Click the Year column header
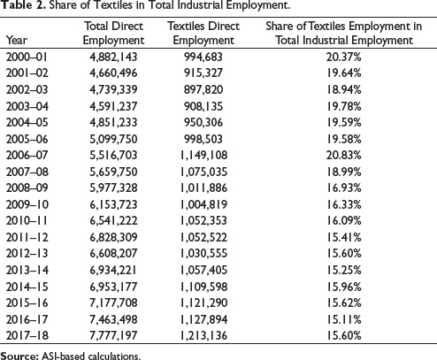pyautogui.click(x=17, y=41)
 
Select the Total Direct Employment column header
pyautogui.click(x=113, y=33)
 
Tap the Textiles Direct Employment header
pyautogui.click(x=203, y=33)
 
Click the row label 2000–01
pyautogui.click(x=27, y=57)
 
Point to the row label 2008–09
pyautogui.click(x=27, y=188)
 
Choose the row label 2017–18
pyautogui.click(x=27, y=335)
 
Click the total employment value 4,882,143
pyautogui.click(x=113, y=57)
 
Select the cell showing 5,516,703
pyautogui.click(x=113, y=155)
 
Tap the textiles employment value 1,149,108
pyautogui.click(x=203, y=155)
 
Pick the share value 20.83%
pyautogui.click(x=343, y=155)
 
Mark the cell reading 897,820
pyautogui.click(x=203, y=89)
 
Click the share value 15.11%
pyautogui.click(x=343, y=319)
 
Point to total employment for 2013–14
pyautogui.click(x=113, y=270)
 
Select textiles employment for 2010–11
pyautogui.click(x=203, y=220)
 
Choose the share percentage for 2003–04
pyautogui.click(x=343, y=106)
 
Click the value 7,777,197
pyautogui.click(x=113, y=335)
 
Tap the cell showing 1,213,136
pyautogui.click(x=203, y=335)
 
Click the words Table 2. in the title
pyautogui.click(x=23, y=5)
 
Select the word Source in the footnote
pyautogui.click(x=19, y=356)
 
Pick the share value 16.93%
pyautogui.click(x=343, y=188)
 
